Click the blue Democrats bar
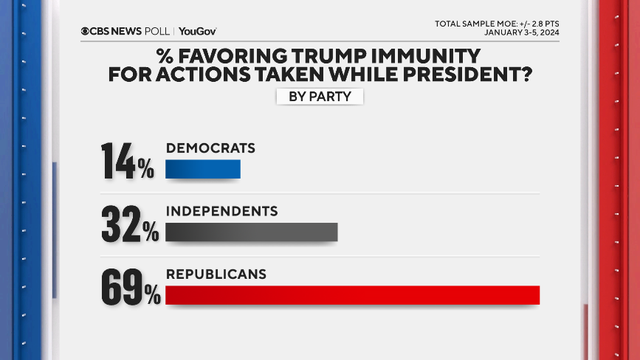(x=203, y=171)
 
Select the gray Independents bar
(x=251, y=232)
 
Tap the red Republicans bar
(x=352, y=294)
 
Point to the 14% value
(x=127, y=162)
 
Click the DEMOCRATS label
(x=210, y=148)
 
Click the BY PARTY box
(x=319, y=97)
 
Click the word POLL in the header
(x=155, y=30)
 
